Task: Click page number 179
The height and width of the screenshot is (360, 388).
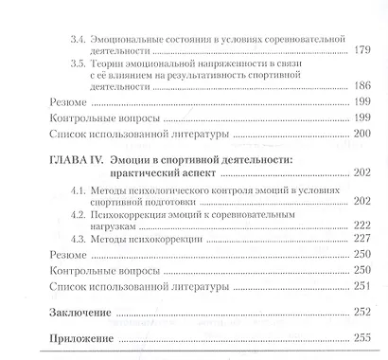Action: tap(361, 51)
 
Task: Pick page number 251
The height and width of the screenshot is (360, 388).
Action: tap(361, 287)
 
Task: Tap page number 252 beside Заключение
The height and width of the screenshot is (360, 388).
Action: tap(361, 313)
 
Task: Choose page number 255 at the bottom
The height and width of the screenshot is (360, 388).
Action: tap(361, 338)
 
